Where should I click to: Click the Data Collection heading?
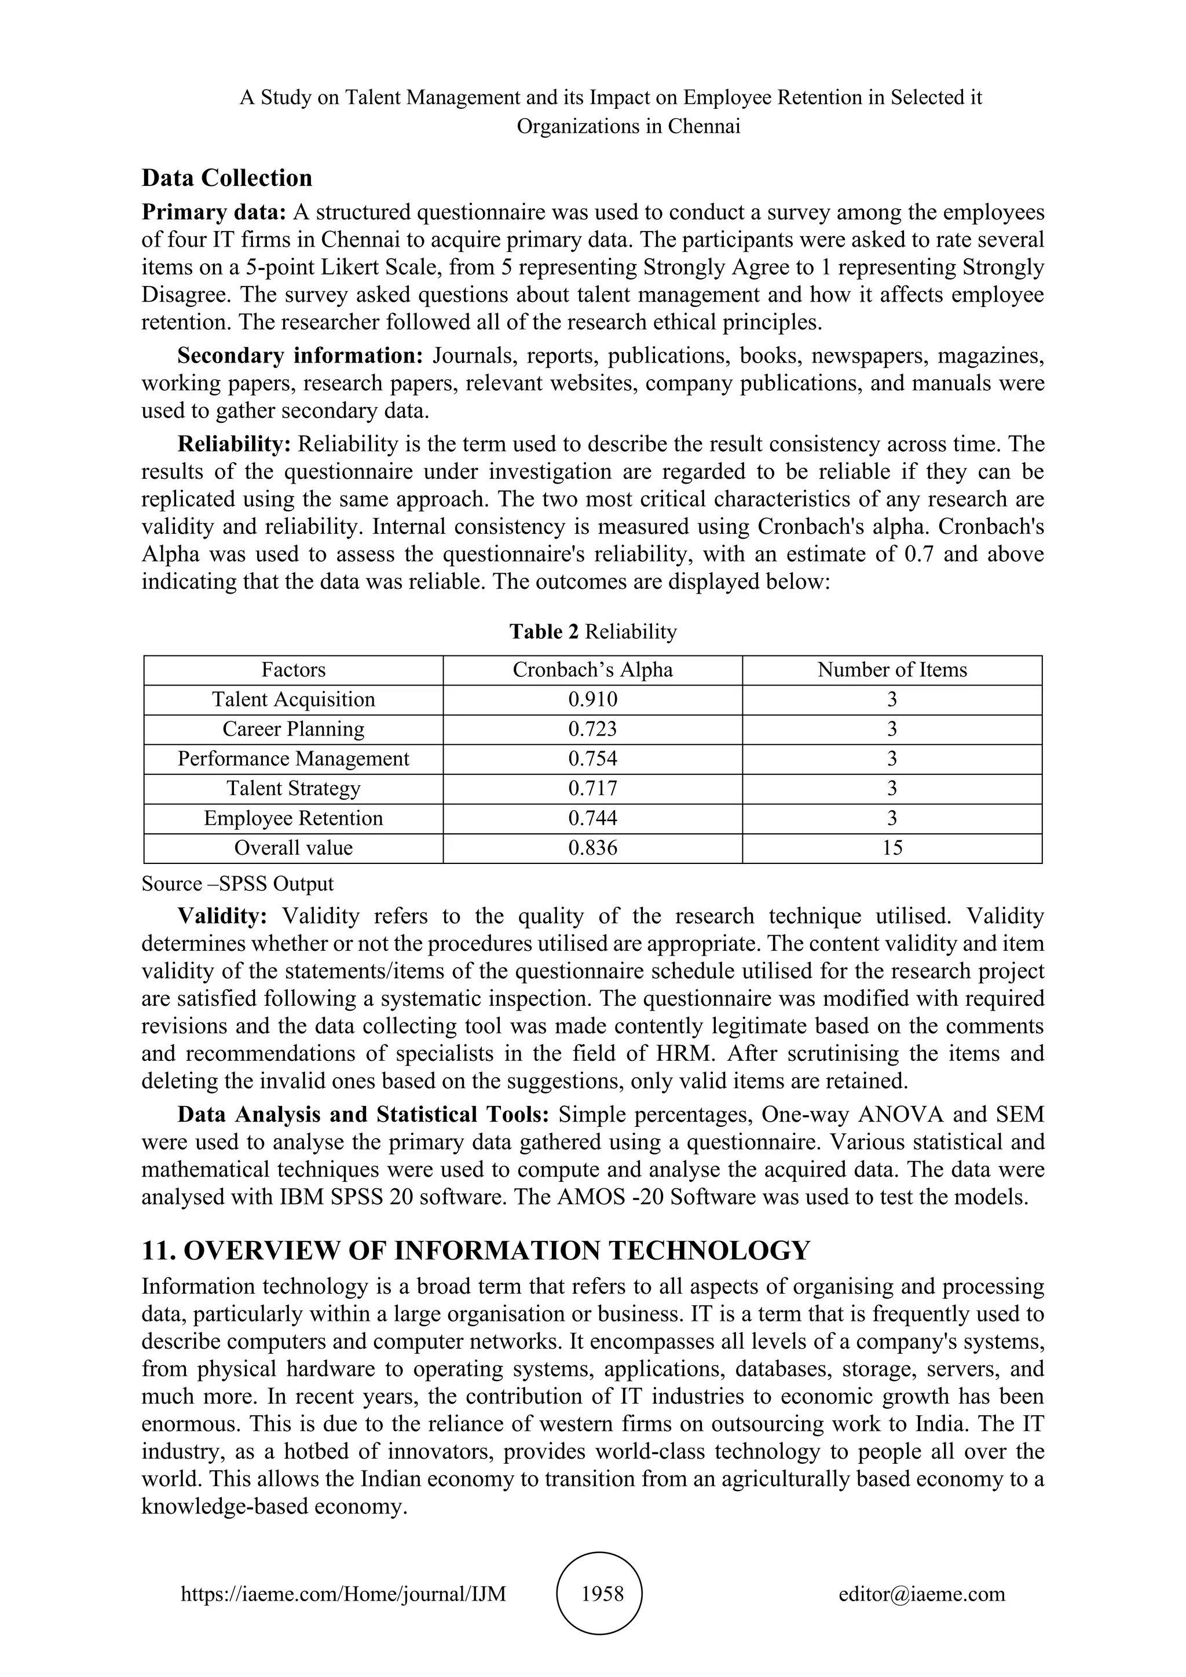226,178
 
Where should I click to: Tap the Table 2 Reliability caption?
592,632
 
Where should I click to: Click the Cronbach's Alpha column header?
592,670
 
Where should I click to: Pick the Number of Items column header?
892,670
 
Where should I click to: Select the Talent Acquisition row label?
294,700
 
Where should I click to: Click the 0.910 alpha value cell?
592,700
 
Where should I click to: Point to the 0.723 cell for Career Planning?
592,729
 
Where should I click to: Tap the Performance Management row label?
294,759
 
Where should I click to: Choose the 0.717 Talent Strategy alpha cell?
592,789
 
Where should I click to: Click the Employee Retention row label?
294,818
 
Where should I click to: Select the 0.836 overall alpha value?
592,848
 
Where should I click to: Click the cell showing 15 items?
892,848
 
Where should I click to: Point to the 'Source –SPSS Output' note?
237,884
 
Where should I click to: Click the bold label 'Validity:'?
223,916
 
